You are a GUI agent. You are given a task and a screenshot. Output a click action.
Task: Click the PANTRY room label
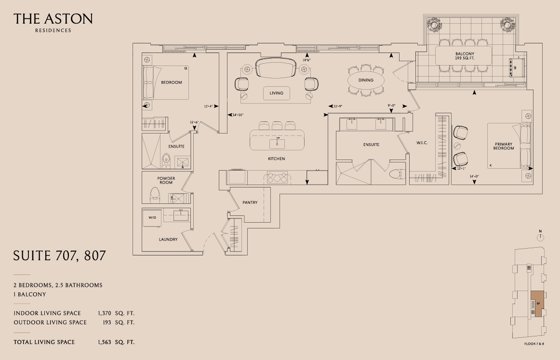pyautogui.click(x=250, y=202)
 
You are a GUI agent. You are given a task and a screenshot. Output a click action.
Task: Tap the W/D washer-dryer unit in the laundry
pyautogui.click(x=153, y=218)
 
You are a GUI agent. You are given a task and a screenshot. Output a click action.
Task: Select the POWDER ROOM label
pyautogui.click(x=166, y=181)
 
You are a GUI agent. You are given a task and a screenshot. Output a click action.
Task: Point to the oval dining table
pyautogui.click(x=366, y=80)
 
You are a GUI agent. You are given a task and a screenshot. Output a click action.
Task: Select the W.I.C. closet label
pyautogui.click(x=422, y=143)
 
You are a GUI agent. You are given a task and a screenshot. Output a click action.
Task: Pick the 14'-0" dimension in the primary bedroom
pyautogui.click(x=474, y=176)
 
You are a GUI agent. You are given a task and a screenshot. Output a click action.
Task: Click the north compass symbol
pyautogui.click(x=540, y=237)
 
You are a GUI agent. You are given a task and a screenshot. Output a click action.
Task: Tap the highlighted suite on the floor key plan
pyautogui.click(x=536, y=304)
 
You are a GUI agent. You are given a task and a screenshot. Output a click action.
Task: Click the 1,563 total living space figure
pyautogui.click(x=104, y=342)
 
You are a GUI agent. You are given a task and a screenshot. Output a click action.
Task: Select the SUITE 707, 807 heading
pyautogui.click(x=59, y=256)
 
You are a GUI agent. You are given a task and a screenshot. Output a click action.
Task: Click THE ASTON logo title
pyautogui.click(x=53, y=19)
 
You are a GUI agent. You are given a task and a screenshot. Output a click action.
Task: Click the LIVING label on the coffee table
pyautogui.click(x=277, y=93)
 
